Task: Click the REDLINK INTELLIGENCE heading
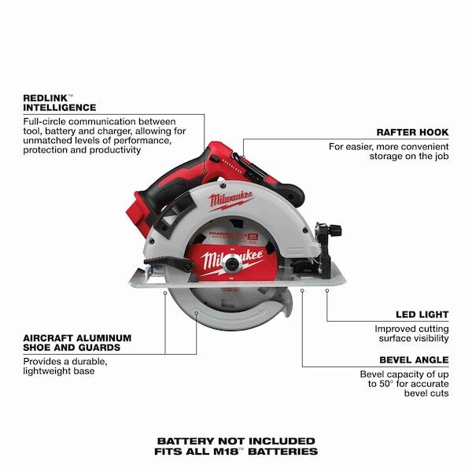click(x=60, y=101)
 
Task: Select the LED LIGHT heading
click(x=422, y=312)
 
